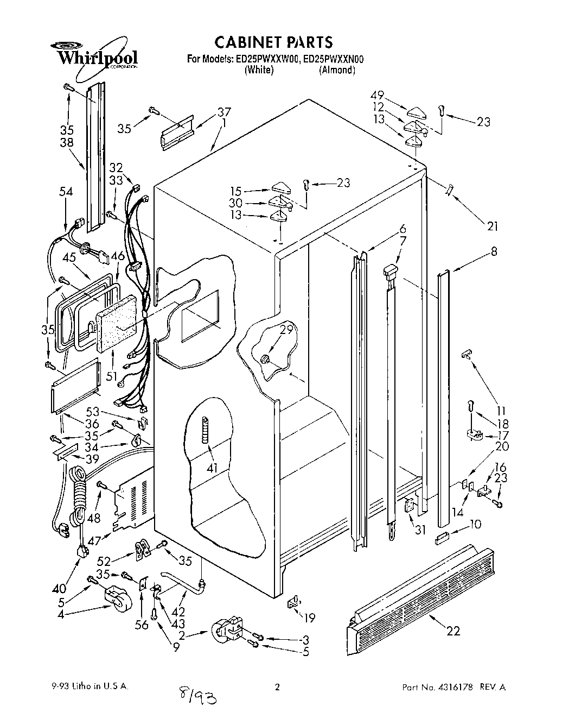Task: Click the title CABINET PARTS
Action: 273,42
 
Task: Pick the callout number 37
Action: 224,112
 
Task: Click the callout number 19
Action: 310,618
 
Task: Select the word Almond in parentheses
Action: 337,70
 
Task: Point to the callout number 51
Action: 112,376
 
